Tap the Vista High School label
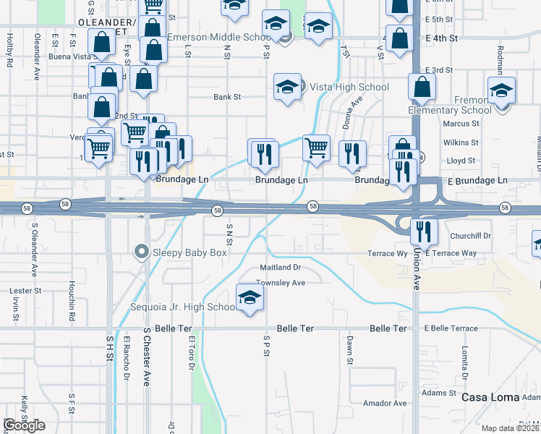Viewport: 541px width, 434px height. tap(349, 87)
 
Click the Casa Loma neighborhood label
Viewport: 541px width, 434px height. tap(490, 397)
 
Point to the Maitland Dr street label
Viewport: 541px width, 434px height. tap(279, 268)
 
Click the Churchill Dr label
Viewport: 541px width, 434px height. tap(470, 236)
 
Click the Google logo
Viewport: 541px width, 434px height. tap(24, 425)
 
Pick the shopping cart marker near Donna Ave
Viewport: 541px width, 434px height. tap(316, 148)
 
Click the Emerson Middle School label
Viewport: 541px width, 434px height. tap(219, 37)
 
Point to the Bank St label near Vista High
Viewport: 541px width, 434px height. tap(226, 96)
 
